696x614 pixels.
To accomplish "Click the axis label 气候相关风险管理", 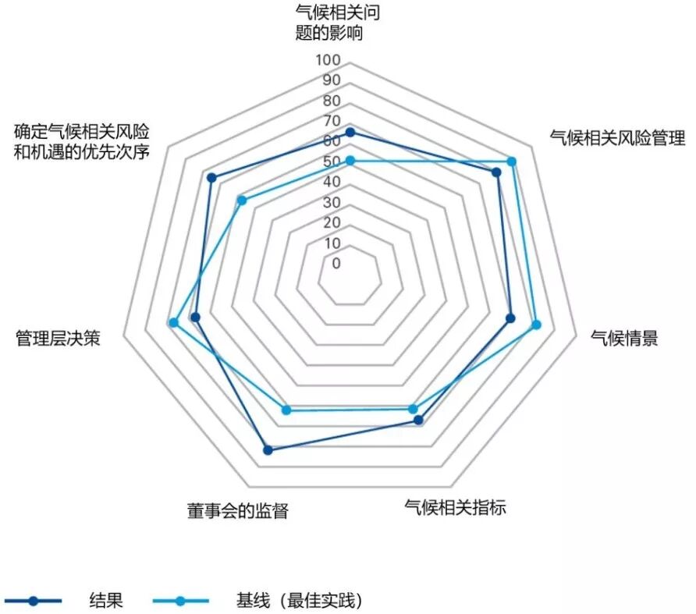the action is pyautogui.click(x=617, y=139).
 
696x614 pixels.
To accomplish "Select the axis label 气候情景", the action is pyautogui.click(x=624, y=338).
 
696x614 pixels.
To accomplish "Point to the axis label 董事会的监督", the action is pyautogui.click(x=237, y=511).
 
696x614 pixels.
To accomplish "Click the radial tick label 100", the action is pyautogui.click(x=328, y=60).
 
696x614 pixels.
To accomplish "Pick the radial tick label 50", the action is pyautogui.click(x=331, y=161).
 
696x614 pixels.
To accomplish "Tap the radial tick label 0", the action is pyautogui.click(x=336, y=263).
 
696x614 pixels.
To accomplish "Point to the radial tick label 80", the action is pyautogui.click(x=331, y=101).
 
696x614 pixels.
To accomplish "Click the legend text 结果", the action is pyautogui.click(x=106, y=601).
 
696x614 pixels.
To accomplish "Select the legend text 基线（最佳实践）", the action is pyautogui.click(x=300, y=601).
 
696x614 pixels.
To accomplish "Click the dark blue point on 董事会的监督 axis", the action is pyautogui.click(x=268, y=449).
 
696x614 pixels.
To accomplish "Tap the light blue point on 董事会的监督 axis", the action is pyautogui.click(x=286, y=410).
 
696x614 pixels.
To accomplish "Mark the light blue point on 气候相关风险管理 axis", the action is pyautogui.click(x=512, y=161).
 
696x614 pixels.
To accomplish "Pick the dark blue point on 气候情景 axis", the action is pyautogui.click(x=510, y=318).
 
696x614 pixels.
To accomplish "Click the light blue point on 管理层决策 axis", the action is pyautogui.click(x=174, y=322).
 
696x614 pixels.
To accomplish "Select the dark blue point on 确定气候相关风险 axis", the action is pyautogui.click(x=211, y=177).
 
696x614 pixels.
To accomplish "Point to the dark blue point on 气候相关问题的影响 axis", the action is pyautogui.click(x=350, y=133).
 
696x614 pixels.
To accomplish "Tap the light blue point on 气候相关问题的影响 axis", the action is pyautogui.click(x=350, y=161).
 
